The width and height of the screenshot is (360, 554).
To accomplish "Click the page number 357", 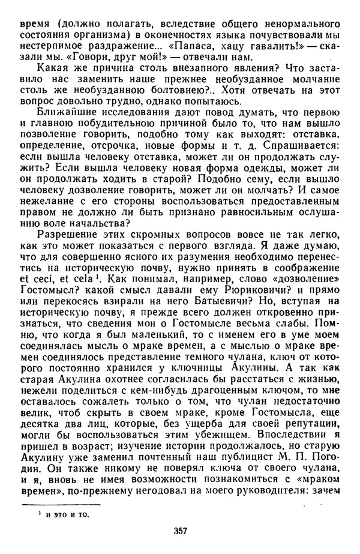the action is [180, 530].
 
